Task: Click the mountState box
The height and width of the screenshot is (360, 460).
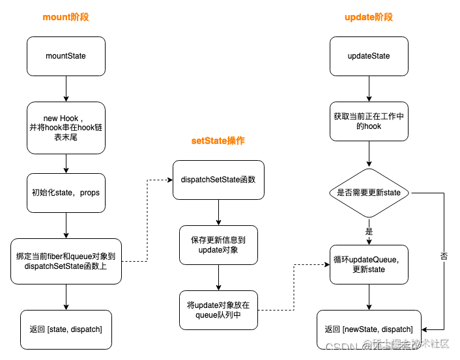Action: (66, 56)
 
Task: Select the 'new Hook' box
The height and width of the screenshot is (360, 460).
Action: (66, 128)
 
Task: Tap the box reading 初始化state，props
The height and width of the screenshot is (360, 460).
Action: (66, 193)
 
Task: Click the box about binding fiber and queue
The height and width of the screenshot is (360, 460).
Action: (66, 261)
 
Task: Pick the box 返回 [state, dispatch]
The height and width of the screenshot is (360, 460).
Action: (66, 329)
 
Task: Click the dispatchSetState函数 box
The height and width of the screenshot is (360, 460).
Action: (218, 180)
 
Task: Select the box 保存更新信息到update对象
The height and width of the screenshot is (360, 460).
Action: (218, 245)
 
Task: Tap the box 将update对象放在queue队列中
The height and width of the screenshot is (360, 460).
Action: (218, 310)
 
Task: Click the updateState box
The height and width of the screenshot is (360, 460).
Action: (369, 56)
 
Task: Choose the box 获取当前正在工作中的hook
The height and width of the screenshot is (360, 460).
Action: (369, 121)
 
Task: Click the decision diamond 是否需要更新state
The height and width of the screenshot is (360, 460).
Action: (369, 193)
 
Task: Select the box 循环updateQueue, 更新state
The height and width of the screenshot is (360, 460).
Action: (369, 264)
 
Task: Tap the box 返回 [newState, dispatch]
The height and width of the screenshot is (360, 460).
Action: (369, 329)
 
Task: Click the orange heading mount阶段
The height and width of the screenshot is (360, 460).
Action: (66, 18)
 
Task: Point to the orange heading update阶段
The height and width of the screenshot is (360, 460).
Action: (369, 18)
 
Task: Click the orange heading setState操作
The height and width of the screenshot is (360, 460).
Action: (218, 141)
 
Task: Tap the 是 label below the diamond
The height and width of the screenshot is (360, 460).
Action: (369, 232)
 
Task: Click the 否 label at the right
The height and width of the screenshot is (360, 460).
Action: (444, 256)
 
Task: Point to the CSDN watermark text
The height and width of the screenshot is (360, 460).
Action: (339, 347)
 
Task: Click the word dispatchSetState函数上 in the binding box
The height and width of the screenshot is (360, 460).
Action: (66, 266)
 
